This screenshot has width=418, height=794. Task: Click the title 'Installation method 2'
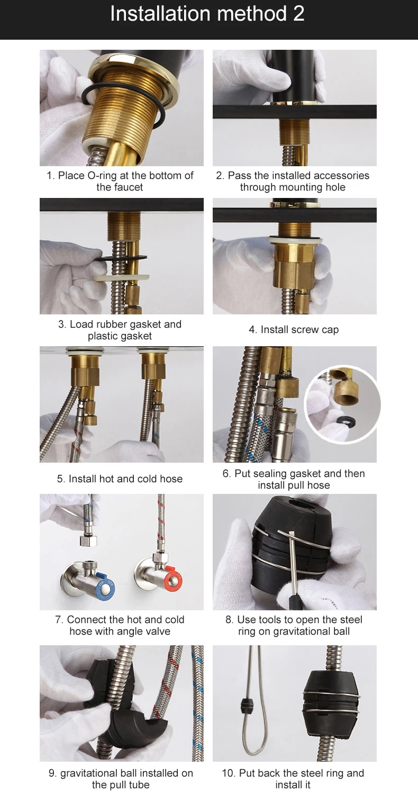(207, 14)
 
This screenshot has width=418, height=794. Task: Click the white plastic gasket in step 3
(122, 277)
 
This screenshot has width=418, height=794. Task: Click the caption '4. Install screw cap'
(294, 330)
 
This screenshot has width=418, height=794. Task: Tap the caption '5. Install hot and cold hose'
(120, 479)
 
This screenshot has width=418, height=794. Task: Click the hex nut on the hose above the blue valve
(88, 541)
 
